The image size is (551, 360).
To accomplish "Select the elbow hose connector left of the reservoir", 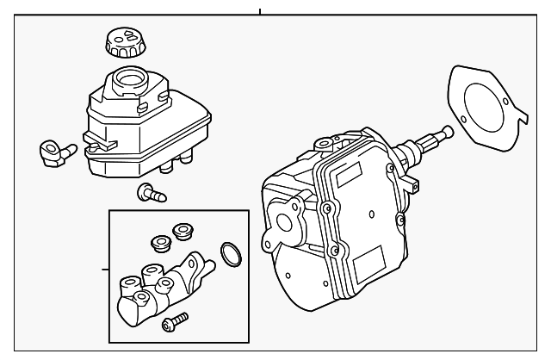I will pyautogui.click(x=54, y=152).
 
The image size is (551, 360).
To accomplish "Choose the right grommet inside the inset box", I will pyautogui.click(x=182, y=230).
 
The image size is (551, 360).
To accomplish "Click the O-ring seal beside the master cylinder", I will pyautogui.click(x=230, y=253).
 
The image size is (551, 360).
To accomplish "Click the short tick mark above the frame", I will pyautogui.click(x=259, y=12).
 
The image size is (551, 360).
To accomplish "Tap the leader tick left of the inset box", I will pyautogui.click(x=104, y=269).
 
